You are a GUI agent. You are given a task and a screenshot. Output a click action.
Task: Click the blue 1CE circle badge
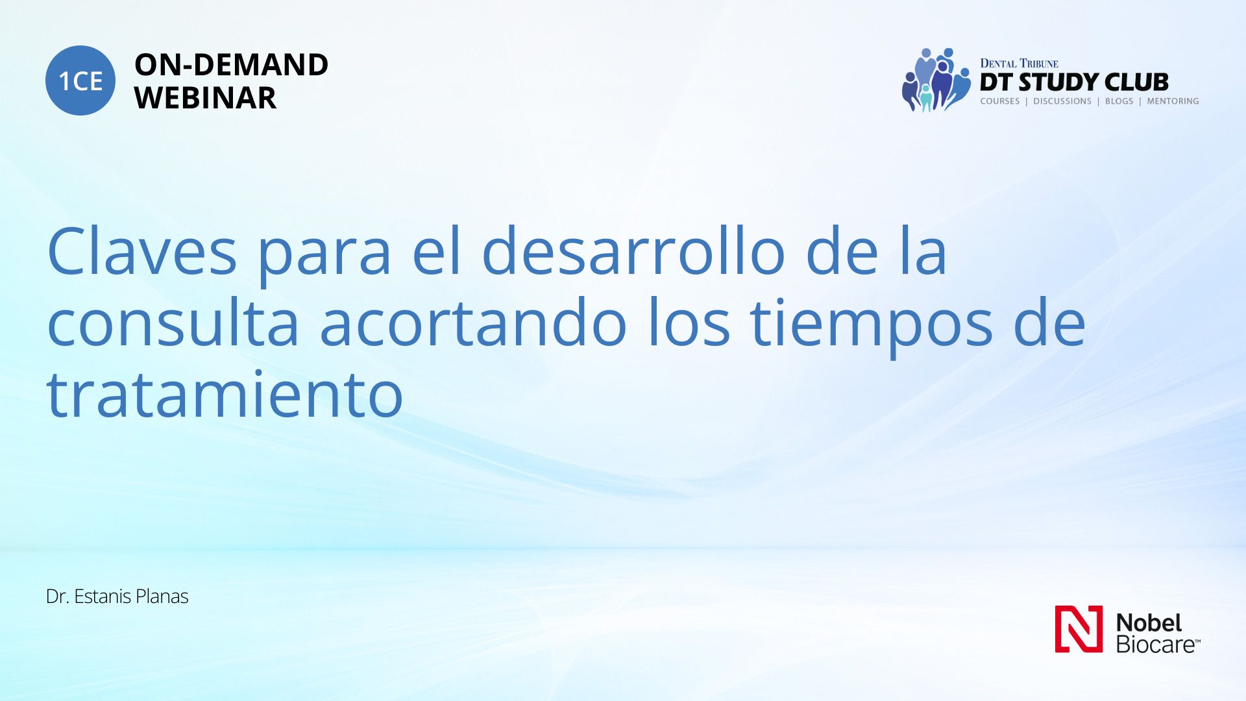point(80,80)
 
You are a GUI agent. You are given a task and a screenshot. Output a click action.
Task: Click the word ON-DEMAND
point(231,65)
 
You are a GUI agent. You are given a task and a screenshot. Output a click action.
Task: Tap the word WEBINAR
point(205,98)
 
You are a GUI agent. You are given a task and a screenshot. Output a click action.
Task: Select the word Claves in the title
point(142,252)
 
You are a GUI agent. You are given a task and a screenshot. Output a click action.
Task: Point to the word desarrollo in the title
point(633,251)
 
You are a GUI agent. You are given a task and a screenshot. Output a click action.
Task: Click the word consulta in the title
point(173,323)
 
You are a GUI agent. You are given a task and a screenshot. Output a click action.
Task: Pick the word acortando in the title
point(473,323)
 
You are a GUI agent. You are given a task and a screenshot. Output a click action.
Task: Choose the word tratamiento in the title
point(225,393)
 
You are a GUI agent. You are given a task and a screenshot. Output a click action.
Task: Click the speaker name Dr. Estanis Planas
point(117,596)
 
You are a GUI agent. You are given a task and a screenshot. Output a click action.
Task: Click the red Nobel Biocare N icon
point(1079,629)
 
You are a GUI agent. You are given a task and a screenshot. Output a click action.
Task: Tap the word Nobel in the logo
point(1149,622)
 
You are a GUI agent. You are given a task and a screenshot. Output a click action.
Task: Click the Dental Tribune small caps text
point(1019,64)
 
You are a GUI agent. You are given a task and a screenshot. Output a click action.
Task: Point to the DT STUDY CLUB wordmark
point(1074,82)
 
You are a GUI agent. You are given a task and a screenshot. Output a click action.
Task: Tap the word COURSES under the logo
point(1000,101)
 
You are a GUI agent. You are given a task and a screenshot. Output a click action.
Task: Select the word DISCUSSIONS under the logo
point(1062,101)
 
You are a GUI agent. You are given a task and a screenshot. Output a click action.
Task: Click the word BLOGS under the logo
point(1119,101)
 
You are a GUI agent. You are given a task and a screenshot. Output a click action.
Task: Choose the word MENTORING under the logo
point(1173,101)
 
